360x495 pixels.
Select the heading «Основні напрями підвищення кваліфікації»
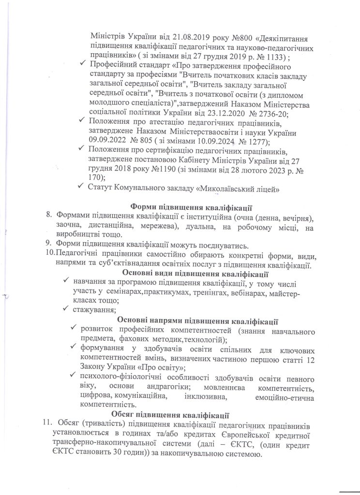pyautogui.click(x=197, y=320)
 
